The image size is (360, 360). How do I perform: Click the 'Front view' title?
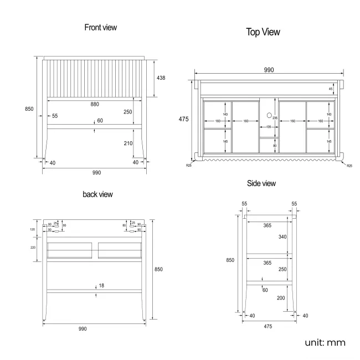click(100, 27)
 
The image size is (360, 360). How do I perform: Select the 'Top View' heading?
click(263, 32)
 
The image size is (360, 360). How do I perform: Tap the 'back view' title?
click(97, 194)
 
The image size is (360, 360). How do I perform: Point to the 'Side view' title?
click(261, 183)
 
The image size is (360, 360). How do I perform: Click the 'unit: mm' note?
click(325, 342)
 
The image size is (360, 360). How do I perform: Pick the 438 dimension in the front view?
click(160, 78)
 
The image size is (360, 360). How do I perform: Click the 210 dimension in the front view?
click(128, 143)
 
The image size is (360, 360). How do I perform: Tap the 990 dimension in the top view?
click(269, 70)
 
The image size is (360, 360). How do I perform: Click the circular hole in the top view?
click(268, 116)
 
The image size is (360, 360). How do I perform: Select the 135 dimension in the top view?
click(268, 127)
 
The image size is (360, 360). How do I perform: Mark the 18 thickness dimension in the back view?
click(101, 286)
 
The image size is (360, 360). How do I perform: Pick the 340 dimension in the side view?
click(283, 236)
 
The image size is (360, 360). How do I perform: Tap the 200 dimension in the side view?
click(281, 297)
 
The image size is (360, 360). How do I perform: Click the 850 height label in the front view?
click(29, 109)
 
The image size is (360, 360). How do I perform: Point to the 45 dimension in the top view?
click(331, 89)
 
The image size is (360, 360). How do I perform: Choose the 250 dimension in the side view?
click(283, 269)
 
